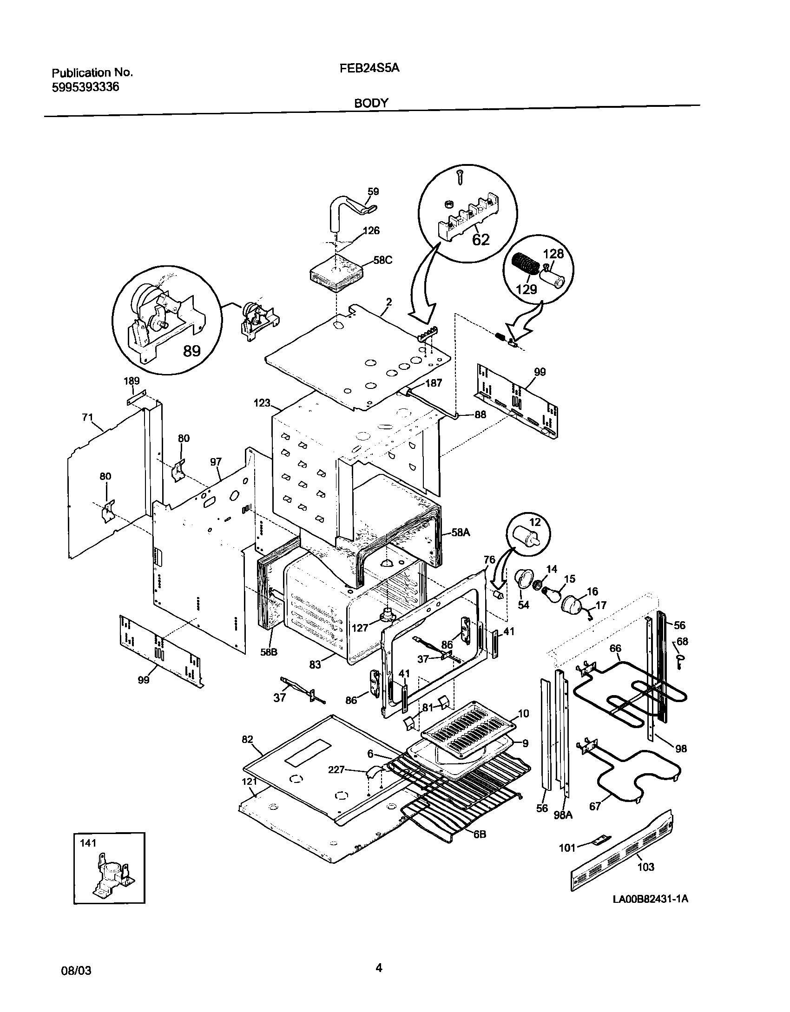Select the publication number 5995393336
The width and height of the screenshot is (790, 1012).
click(x=85, y=87)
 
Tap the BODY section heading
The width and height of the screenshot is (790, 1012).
click(x=371, y=104)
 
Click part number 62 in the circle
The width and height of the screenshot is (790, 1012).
click(x=481, y=240)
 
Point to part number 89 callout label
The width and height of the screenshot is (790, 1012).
click(x=191, y=351)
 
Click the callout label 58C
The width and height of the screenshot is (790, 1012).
click(x=383, y=260)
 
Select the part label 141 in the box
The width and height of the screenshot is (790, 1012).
click(x=88, y=843)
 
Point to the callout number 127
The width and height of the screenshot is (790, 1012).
click(x=360, y=628)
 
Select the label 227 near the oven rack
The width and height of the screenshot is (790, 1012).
click(x=336, y=770)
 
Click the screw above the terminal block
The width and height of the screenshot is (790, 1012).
click(x=460, y=177)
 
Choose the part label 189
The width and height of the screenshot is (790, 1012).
click(x=132, y=381)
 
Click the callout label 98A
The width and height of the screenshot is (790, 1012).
click(x=563, y=815)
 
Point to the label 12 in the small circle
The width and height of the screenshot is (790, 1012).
click(x=535, y=522)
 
